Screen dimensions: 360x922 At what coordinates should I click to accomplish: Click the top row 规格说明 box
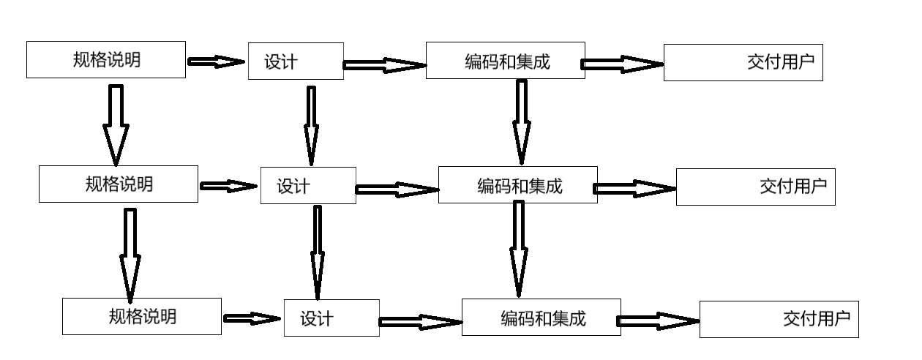point(106,60)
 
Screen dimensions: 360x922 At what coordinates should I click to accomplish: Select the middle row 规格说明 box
point(118,184)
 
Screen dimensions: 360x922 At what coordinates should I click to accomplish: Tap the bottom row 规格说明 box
point(142,316)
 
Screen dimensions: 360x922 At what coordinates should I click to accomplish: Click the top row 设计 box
point(296,61)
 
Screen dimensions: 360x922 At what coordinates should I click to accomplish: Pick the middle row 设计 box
point(308,185)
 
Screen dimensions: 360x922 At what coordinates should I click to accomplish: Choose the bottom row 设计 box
point(331,318)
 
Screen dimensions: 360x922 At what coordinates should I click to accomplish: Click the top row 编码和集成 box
point(506,61)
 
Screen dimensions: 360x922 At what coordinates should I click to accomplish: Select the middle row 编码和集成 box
point(518,184)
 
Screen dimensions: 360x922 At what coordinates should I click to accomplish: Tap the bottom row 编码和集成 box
point(541,317)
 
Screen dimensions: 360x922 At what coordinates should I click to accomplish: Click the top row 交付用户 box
point(743,62)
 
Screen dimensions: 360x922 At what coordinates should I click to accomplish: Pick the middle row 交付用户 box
point(755,186)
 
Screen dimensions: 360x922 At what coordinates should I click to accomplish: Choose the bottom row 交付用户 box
point(779,319)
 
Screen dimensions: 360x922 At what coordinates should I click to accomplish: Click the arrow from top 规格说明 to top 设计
point(217,62)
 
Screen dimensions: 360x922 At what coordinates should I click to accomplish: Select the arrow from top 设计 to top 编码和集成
point(385,65)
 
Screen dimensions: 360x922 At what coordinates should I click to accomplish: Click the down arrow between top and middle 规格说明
point(116,124)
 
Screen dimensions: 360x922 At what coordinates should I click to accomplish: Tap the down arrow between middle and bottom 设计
point(317,252)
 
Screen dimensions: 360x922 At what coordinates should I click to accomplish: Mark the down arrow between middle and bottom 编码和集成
point(519,247)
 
